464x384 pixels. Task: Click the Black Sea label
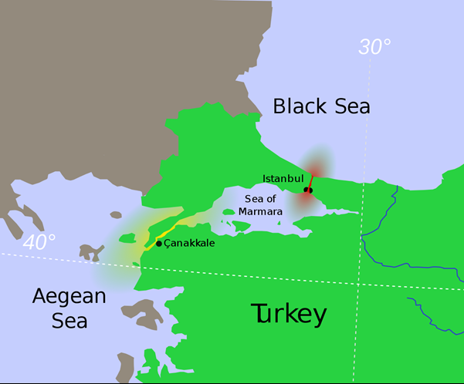(x=321, y=106)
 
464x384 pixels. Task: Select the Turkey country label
(x=290, y=314)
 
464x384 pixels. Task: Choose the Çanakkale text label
(x=189, y=243)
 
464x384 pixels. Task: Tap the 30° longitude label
(x=374, y=48)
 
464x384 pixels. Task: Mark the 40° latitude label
(x=39, y=241)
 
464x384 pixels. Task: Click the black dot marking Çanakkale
(x=159, y=244)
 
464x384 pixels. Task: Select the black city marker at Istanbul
(x=308, y=190)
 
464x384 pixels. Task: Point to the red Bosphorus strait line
(x=312, y=179)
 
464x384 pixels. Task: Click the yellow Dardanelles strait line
(x=174, y=228)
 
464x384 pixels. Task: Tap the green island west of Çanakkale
(x=126, y=238)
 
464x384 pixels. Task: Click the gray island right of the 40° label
(x=91, y=251)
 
